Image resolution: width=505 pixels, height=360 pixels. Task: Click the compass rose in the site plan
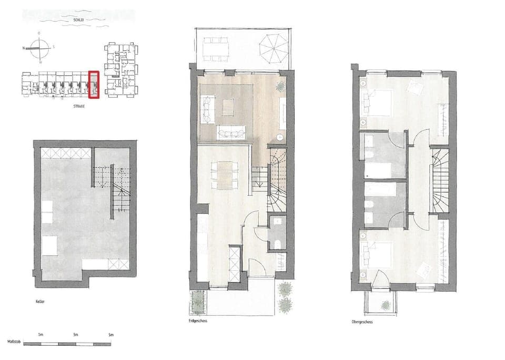38,47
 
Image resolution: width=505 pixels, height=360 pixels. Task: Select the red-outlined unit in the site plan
94,85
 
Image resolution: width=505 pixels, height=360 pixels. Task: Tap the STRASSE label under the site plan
79,106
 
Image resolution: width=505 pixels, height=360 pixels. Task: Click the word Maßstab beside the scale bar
14,343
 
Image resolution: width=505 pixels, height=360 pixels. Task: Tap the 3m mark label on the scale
75,335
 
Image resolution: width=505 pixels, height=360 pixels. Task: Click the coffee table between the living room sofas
228,107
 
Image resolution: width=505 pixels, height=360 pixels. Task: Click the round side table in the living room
279,137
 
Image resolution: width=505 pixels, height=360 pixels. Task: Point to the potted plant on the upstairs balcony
386,304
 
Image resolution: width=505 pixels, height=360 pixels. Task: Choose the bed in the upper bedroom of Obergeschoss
378,102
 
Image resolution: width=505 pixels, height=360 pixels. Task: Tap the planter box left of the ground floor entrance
198,302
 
